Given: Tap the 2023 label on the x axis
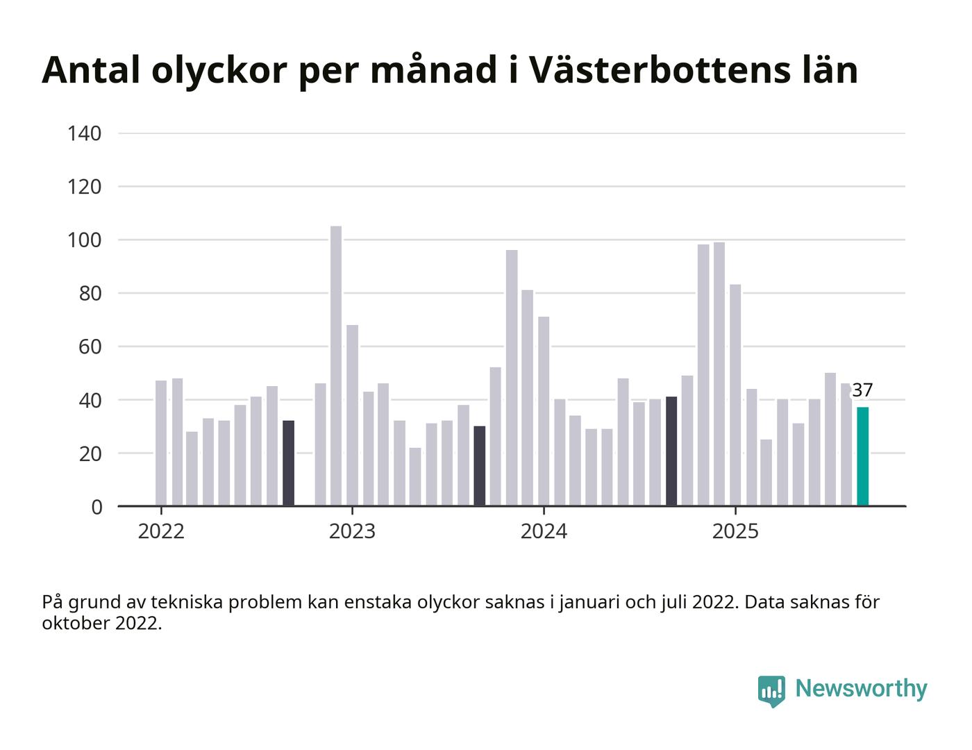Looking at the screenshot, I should pyautogui.click(x=352, y=532).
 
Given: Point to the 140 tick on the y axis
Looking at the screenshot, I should pyautogui.click(x=85, y=133).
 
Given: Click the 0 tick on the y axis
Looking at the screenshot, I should pyautogui.click(x=96, y=507).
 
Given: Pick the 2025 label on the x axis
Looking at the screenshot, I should pyautogui.click(x=735, y=532).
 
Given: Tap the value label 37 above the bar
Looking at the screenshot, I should pyautogui.click(x=862, y=390).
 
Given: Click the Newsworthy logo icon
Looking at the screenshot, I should pyautogui.click(x=771, y=690).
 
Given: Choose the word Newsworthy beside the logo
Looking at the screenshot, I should pyautogui.click(x=861, y=689).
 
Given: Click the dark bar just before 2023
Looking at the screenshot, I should pyautogui.click(x=288, y=463).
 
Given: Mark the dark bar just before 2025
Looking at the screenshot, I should pyautogui.click(x=671, y=451).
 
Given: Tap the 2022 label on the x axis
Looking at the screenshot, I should pyautogui.click(x=161, y=532).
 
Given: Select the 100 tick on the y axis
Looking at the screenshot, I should pyautogui.click(x=85, y=240).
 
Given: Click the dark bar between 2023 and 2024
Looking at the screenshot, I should pyautogui.click(x=480, y=466).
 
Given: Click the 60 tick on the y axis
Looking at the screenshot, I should pyautogui.click(x=90, y=347).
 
